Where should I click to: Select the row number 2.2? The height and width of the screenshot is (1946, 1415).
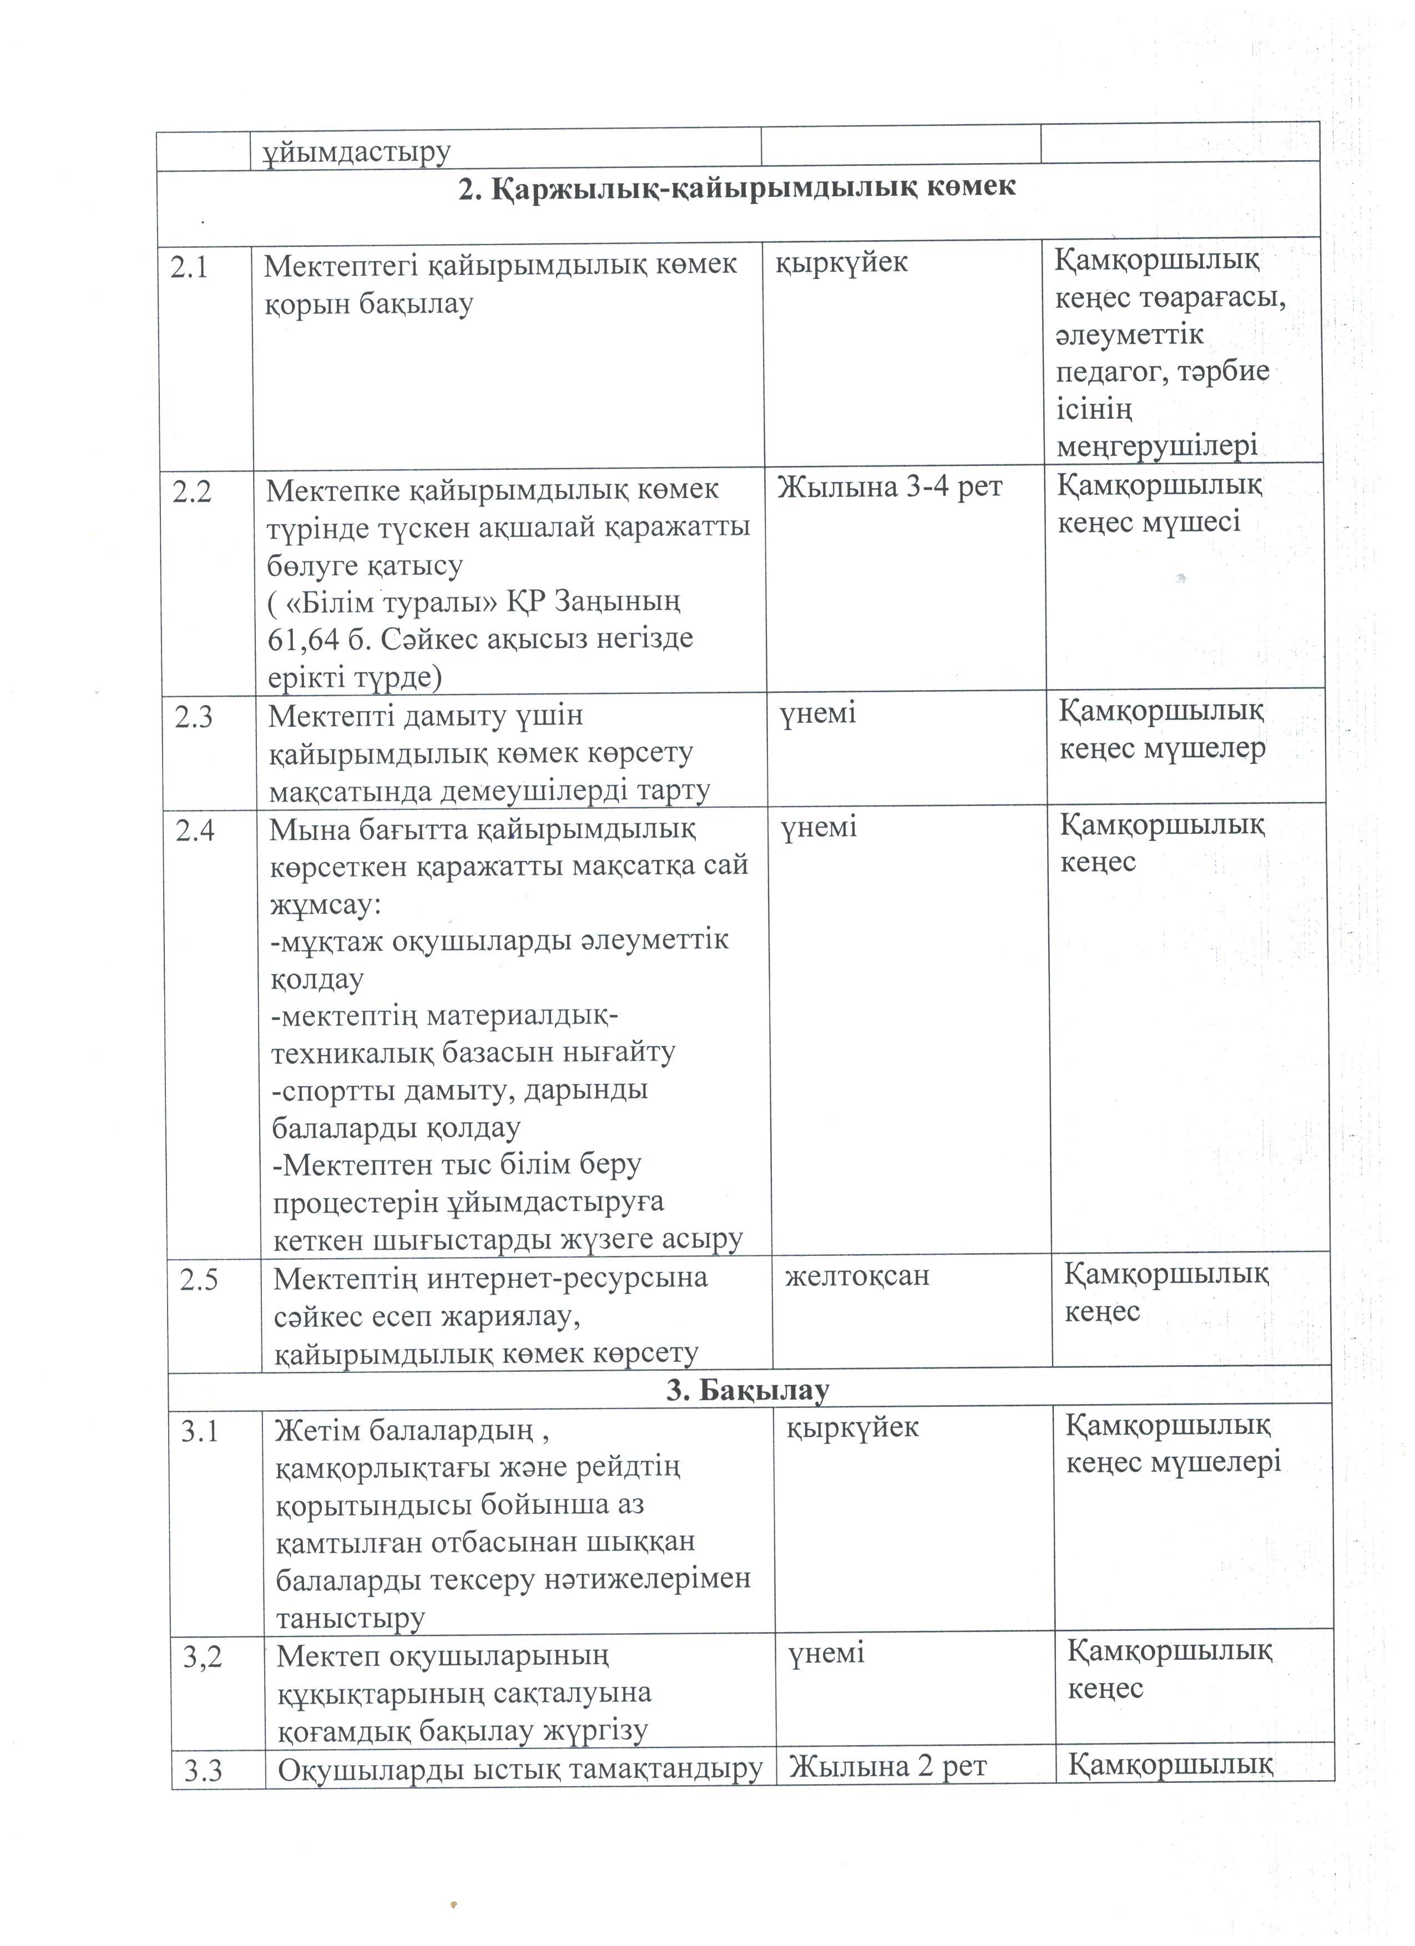[191, 493]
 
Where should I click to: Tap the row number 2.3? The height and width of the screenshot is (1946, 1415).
[193, 717]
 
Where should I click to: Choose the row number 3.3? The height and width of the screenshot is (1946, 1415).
[203, 1771]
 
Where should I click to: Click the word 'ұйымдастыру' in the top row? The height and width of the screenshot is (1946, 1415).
[356, 151]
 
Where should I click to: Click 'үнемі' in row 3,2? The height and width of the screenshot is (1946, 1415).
[826, 1654]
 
